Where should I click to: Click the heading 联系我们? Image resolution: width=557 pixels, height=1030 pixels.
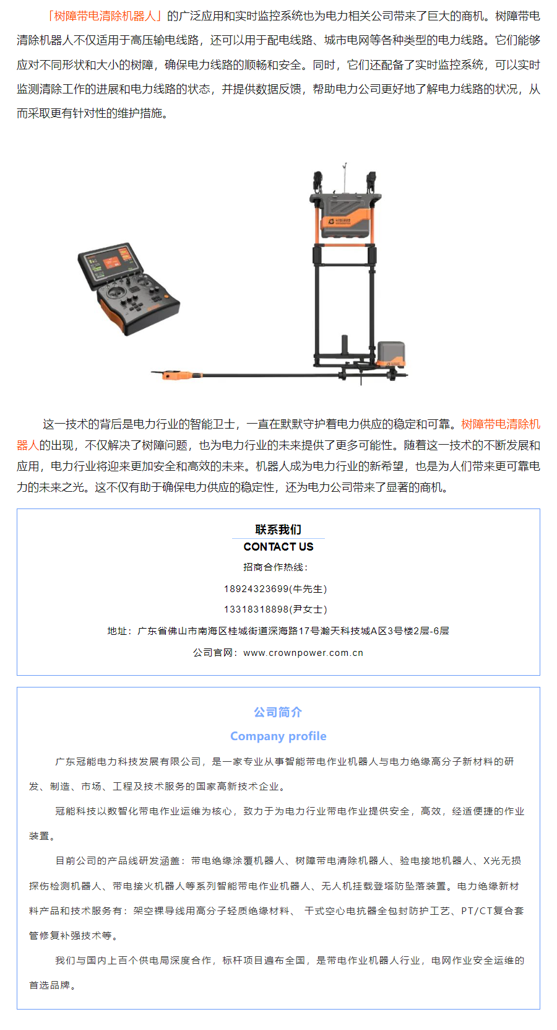[x=278, y=530]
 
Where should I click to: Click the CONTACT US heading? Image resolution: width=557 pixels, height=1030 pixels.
[x=278, y=547]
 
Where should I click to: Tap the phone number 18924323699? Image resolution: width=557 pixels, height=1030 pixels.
[x=256, y=589]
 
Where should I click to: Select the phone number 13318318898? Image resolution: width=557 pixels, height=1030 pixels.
[x=256, y=609]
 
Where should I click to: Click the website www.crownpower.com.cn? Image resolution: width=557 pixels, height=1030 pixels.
[x=303, y=653]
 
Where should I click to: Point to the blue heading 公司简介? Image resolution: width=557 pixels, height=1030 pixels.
[x=278, y=712]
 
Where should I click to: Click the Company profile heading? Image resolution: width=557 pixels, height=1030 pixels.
[x=278, y=736]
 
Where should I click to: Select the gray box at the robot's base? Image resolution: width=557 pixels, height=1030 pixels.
[x=391, y=354]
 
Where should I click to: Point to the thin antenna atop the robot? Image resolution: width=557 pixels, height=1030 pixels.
[x=343, y=177]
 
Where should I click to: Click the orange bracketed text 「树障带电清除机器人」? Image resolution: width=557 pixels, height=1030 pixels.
[x=105, y=16]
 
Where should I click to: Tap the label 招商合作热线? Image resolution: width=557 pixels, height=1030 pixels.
[x=273, y=567]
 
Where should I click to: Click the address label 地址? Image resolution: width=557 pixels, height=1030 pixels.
[x=117, y=631]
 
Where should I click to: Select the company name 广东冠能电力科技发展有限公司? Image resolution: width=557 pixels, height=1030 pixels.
[x=127, y=762]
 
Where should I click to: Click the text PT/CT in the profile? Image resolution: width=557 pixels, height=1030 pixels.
[x=477, y=911]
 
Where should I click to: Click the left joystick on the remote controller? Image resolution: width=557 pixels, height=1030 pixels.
[x=111, y=292]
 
